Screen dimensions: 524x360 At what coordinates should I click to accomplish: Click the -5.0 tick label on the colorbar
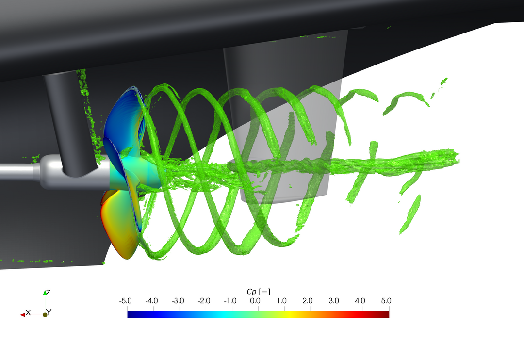point(125,301)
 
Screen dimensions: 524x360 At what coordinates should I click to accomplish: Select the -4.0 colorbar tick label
point(151,301)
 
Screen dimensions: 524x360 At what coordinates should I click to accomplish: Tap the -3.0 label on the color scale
point(178,301)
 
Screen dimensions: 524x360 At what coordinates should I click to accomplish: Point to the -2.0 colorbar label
point(204,301)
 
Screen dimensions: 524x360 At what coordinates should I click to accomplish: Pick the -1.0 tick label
point(230,301)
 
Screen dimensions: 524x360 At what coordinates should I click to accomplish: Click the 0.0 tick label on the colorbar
point(255,301)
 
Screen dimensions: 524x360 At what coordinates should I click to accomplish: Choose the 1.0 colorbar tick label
point(281,301)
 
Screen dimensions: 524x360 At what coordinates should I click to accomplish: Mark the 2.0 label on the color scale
point(308,301)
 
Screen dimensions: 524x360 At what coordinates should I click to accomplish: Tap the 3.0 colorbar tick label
point(333,301)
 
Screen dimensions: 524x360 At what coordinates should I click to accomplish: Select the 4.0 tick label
point(360,301)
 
